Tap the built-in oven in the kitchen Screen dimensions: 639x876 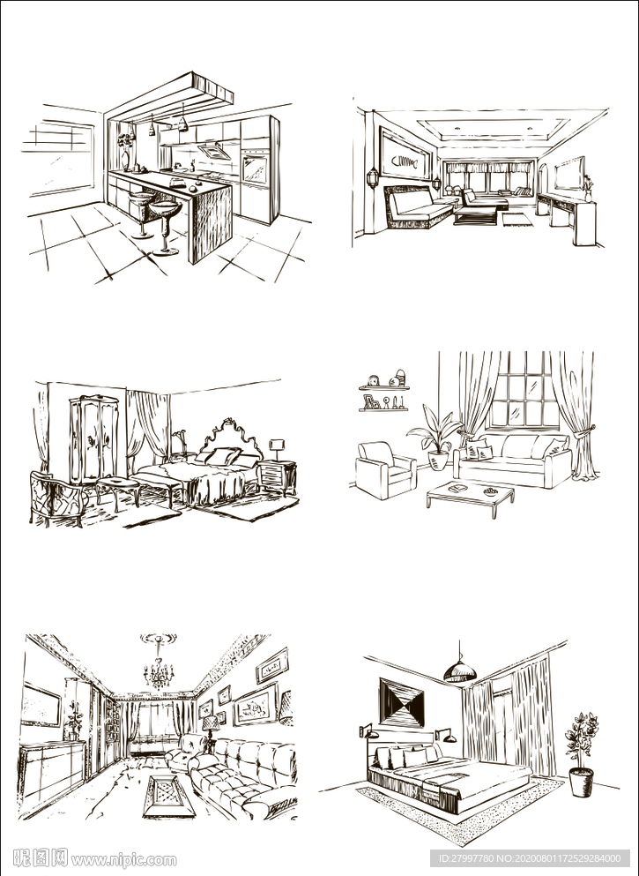coord(255,167)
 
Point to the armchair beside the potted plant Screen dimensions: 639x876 coord(384,469)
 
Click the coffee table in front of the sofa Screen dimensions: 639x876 coord(470,498)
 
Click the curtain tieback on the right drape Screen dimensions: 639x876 coord(583,433)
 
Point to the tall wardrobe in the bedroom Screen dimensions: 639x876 coord(93,439)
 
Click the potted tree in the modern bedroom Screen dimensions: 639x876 coord(581,754)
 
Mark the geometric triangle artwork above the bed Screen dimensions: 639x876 coord(402,701)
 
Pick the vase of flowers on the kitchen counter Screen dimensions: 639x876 coord(126,150)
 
